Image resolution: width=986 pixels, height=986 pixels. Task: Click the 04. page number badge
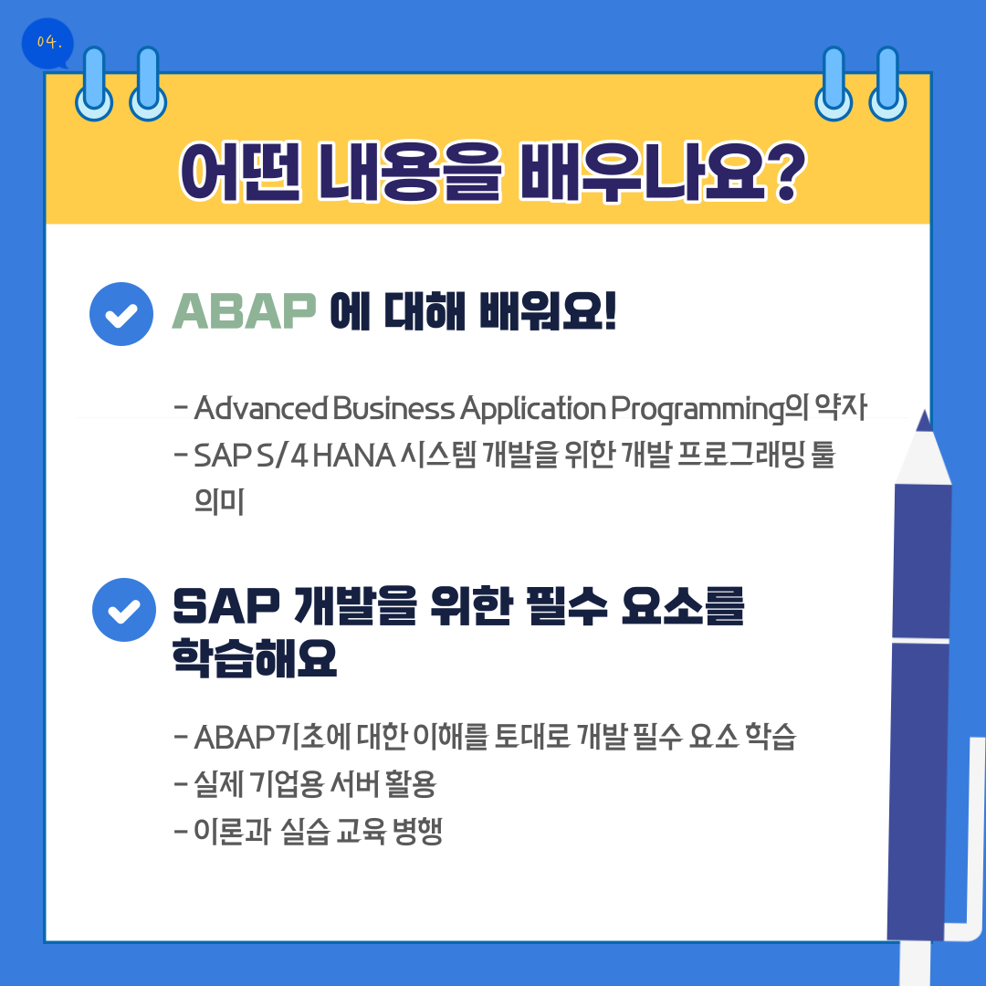point(47,44)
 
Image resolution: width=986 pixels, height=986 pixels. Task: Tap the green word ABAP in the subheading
point(244,310)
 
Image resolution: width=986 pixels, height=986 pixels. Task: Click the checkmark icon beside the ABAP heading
point(121,314)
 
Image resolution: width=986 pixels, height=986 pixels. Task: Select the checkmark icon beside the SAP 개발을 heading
point(124,610)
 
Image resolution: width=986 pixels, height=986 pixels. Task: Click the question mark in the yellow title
point(786,172)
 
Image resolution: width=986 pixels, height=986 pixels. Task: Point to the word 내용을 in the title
point(409,172)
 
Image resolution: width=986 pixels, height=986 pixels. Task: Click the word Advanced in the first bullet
point(261,408)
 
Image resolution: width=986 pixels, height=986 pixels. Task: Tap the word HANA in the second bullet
point(354,456)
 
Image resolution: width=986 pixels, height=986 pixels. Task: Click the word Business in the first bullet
point(393,408)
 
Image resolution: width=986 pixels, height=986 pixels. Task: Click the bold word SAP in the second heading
point(226,605)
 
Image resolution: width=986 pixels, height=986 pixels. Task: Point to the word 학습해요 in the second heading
point(255,657)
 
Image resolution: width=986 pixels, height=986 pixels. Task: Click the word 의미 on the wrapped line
point(219,502)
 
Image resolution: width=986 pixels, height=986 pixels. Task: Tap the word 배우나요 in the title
point(642,172)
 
